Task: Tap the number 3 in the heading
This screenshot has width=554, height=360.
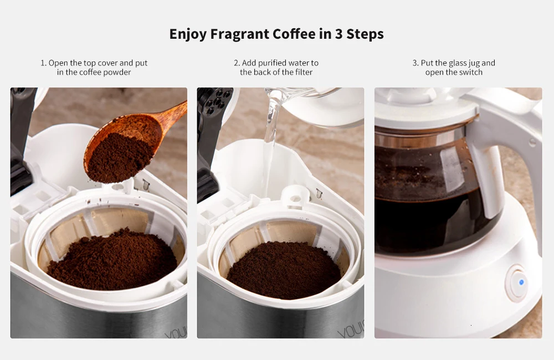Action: (x=338, y=34)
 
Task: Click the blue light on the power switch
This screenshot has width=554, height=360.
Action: (x=521, y=282)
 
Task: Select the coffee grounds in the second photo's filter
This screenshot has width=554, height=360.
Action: (x=284, y=269)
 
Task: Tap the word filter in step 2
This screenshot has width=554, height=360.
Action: (x=304, y=73)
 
